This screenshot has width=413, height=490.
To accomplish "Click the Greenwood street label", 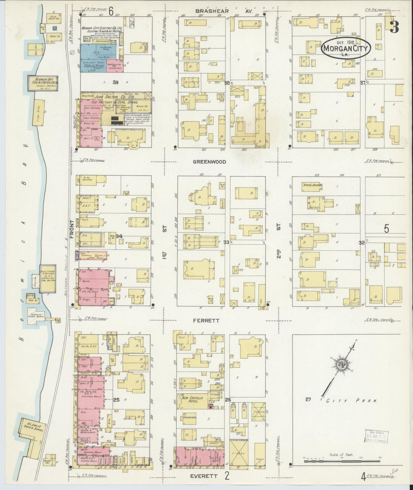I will point(209,162).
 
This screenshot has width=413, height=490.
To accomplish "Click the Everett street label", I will point(203,476).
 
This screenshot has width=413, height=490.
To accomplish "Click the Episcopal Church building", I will point(313,185).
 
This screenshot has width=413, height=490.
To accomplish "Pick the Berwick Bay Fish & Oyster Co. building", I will point(43,83).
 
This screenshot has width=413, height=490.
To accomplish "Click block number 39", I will point(115,82).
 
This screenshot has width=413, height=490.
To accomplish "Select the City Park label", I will point(351,401).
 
